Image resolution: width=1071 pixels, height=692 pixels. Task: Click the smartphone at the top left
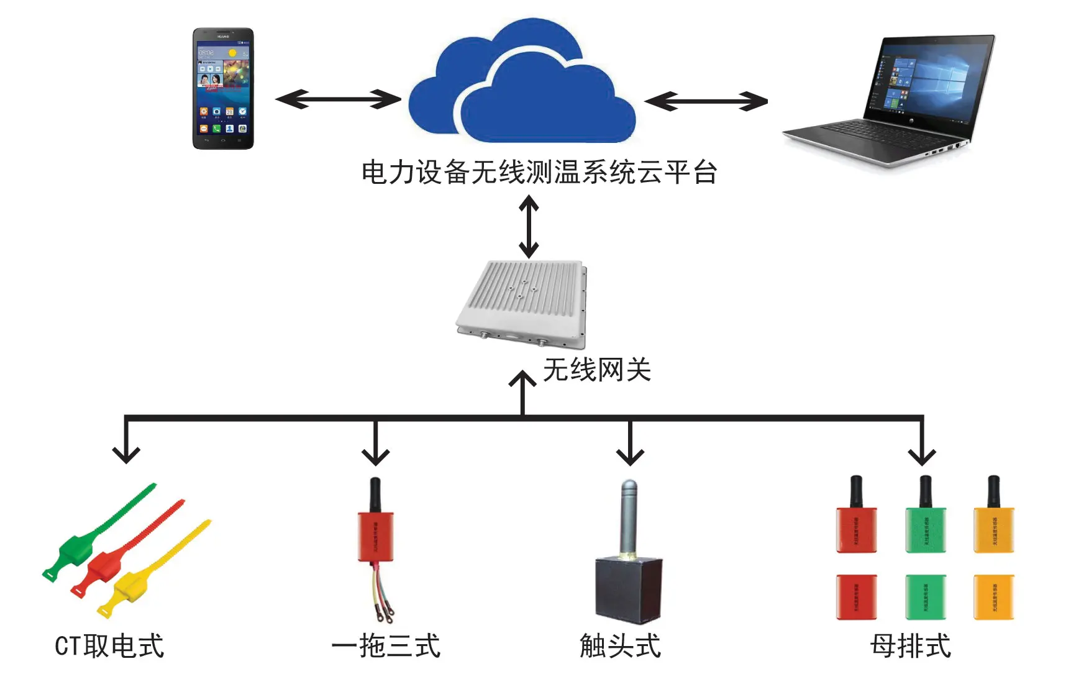223,88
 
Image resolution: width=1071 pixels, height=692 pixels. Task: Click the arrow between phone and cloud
338,99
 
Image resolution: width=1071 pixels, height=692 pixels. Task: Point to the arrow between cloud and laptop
706,101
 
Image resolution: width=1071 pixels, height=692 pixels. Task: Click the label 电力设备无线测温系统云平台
539,173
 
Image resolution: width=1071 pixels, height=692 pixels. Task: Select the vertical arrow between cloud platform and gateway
529,227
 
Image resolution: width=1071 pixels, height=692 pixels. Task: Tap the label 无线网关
596,370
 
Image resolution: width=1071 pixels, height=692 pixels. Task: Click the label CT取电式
109,646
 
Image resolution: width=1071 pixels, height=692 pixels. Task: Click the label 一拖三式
386,646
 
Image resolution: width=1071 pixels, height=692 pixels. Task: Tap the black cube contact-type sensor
627,589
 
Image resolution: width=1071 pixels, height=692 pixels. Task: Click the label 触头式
620,646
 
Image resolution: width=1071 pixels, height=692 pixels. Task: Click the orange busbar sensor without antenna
993,597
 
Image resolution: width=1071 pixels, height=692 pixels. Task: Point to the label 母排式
910,646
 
